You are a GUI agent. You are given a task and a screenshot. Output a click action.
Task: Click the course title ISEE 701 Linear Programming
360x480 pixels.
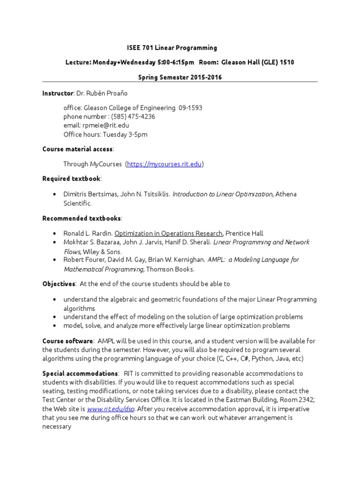point(172,48)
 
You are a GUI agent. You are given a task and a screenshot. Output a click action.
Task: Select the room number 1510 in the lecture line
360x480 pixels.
point(287,62)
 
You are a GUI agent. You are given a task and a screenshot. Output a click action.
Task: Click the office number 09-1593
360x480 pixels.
point(190,108)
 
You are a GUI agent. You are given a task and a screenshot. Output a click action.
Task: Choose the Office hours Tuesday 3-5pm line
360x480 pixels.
point(105,135)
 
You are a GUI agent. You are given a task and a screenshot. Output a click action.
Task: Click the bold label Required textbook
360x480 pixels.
point(71,179)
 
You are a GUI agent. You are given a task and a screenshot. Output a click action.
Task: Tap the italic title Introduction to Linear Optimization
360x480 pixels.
point(223,194)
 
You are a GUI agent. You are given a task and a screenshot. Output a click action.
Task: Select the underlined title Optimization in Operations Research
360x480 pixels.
point(168,233)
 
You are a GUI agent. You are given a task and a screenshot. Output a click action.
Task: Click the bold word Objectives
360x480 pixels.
point(59,284)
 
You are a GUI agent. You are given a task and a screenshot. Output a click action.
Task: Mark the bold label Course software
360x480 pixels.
point(68,341)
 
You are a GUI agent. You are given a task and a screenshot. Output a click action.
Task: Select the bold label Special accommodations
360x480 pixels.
point(80,374)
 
